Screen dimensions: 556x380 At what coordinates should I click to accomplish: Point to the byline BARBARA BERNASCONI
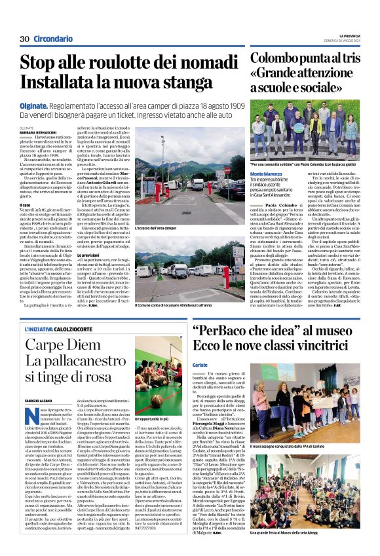(39, 132)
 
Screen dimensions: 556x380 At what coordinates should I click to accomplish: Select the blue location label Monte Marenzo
(269, 173)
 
